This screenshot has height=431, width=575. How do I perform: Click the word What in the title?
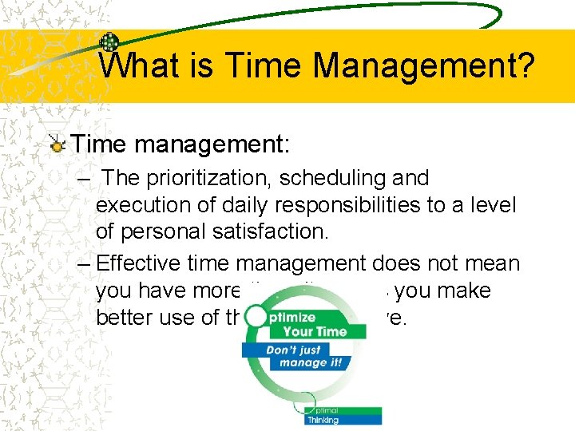point(136,65)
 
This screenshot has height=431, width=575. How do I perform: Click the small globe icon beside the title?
point(109,43)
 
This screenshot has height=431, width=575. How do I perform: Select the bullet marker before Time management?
point(57,145)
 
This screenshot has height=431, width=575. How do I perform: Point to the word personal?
point(157,232)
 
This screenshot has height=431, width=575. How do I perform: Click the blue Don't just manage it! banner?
point(304,355)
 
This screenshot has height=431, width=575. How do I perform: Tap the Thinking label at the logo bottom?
point(323,420)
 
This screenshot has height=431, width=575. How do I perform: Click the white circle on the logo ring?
point(256,316)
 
